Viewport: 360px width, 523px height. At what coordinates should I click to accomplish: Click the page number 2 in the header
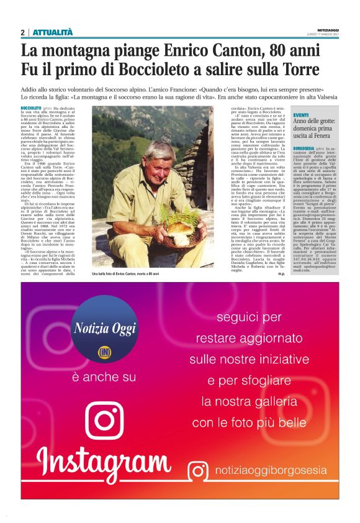coord(23,32)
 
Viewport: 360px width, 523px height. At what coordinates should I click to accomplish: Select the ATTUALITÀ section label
coord(52,32)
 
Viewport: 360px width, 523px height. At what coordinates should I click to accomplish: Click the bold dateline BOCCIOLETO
coord(32,108)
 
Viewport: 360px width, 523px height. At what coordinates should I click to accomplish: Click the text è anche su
coord(104,377)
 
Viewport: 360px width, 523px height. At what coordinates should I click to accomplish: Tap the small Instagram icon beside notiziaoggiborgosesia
coord(198,471)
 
